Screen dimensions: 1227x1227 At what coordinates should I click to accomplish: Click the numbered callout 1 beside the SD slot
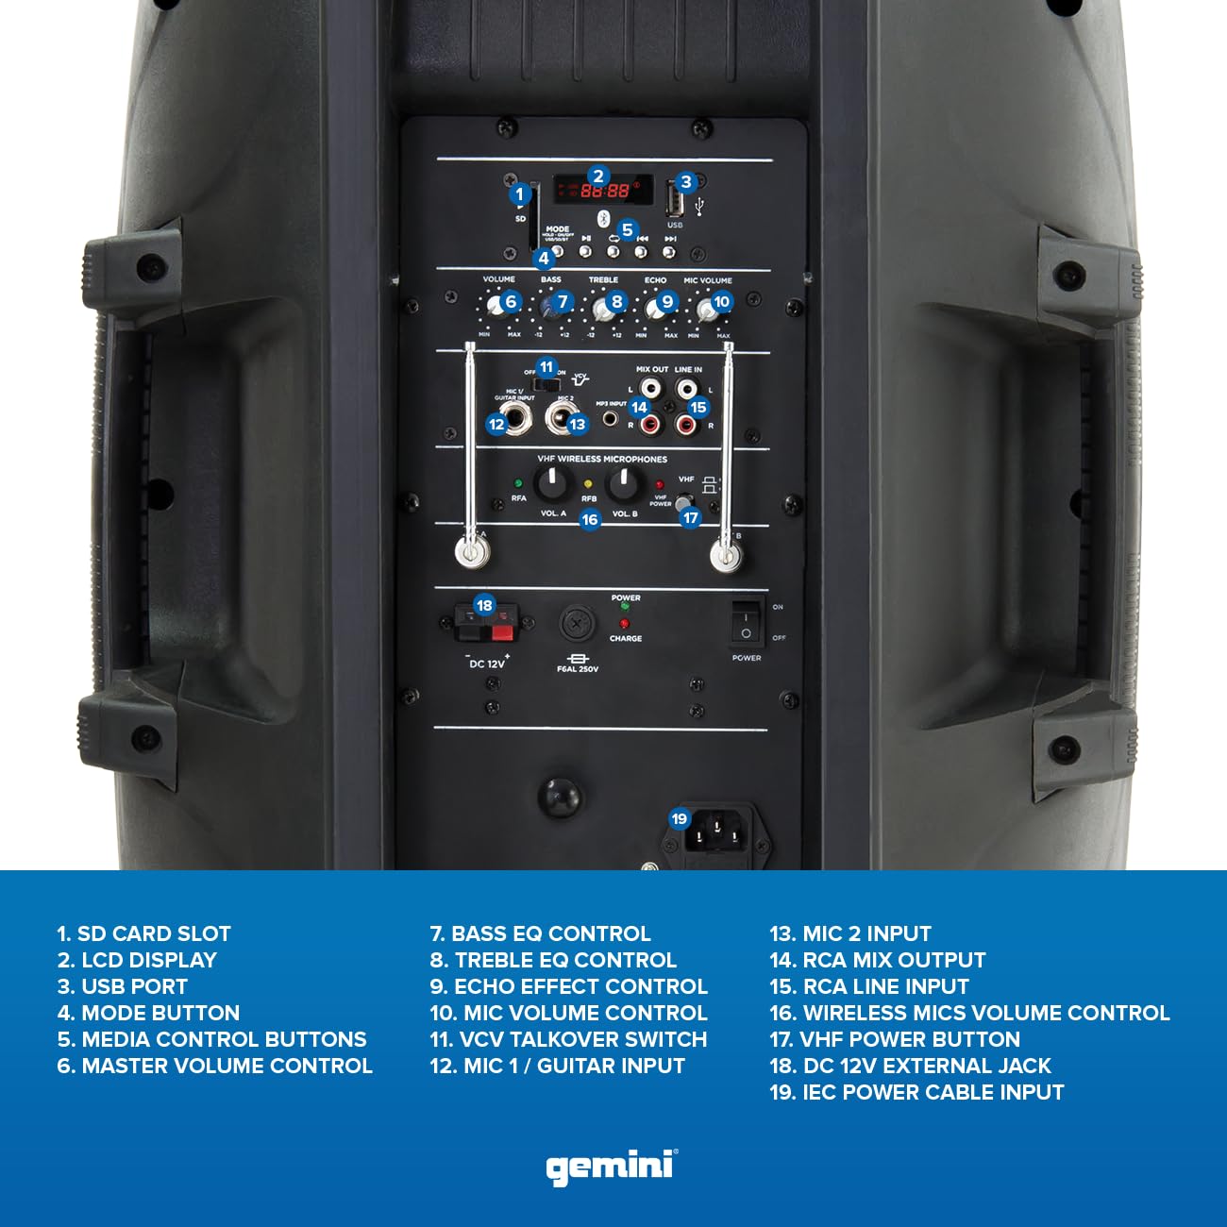pyautogui.click(x=519, y=194)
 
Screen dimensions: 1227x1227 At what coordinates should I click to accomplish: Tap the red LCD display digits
pyautogui.click(x=604, y=191)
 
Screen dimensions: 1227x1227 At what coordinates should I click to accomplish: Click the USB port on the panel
pyautogui.click(x=675, y=200)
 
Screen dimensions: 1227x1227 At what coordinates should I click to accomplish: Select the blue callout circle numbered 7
pyautogui.click(x=563, y=302)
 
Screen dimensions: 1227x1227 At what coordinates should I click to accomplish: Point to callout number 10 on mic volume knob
pyautogui.click(x=721, y=302)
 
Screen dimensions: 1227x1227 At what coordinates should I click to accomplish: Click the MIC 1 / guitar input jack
pyautogui.click(x=515, y=418)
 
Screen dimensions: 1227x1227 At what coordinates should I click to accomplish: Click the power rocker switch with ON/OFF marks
pyautogui.click(x=747, y=622)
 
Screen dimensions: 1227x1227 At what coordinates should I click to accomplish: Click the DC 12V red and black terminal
pyautogui.click(x=485, y=624)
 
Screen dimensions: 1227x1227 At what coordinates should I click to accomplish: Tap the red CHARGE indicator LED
pyautogui.click(x=624, y=624)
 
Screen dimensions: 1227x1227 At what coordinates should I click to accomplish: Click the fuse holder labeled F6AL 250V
pyautogui.click(x=576, y=624)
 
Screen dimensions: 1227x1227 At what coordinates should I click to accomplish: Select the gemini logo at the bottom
pyautogui.click(x=612, y=1167)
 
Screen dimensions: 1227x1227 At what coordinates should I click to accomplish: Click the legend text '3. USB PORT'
pyautogui.click(x=122, y=986)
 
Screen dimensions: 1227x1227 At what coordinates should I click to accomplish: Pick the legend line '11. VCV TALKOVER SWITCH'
pyautogui.click(x=568, y=1039)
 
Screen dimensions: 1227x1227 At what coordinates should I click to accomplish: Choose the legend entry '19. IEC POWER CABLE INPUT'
pyautogui.click(x=916, y=1092)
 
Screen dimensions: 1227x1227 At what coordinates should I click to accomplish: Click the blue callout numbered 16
pyautogui.click(x=590, y=519)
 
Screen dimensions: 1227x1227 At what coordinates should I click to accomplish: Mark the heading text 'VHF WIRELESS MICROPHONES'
pyautogui.click(x=602, y=459)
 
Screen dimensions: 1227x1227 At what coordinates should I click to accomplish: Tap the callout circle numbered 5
pyautogui.click(x=627, y=230)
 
